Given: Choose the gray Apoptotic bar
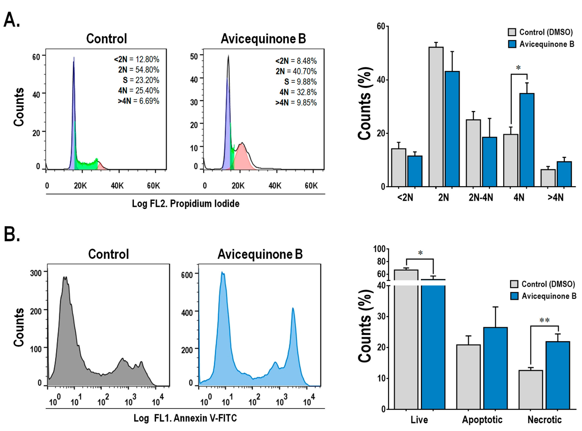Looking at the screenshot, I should [468, 377].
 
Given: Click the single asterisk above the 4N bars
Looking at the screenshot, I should [518, 68].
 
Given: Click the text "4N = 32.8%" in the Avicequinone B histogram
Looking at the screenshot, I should [298, 92].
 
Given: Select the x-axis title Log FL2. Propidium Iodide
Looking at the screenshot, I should [185, 204].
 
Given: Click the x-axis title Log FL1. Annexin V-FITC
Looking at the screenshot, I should [185, 418].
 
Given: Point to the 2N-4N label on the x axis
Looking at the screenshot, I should [481, 198].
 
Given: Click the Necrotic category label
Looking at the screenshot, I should [545, 420].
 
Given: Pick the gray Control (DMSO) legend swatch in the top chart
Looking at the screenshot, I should [512, 32].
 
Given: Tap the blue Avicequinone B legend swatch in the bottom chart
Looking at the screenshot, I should [514, 296].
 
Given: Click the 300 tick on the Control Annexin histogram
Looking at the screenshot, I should [36, 273].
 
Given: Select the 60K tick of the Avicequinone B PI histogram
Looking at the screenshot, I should [311, 186].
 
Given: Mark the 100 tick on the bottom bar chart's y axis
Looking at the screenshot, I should [379, 249].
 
